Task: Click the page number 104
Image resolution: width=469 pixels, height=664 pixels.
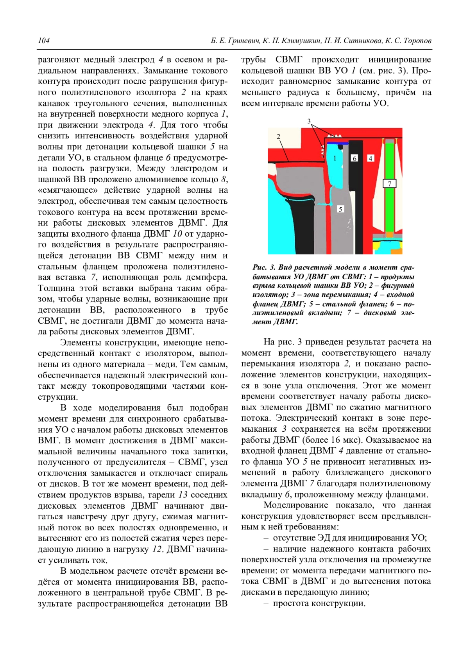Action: click(44, 41)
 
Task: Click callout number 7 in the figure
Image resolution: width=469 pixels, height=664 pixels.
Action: click(389, 183)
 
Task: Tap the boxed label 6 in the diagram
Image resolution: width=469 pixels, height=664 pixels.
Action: click(354, 158)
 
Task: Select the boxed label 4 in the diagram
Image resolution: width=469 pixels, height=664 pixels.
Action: click(371, 158)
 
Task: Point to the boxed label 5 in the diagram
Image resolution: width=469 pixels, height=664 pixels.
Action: click(340, 209)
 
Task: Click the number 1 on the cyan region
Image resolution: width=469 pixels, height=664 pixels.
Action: click(335, 158)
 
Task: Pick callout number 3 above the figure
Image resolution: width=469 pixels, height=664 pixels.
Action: click(309, 121)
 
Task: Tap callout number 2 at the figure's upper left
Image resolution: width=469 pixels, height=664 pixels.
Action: click(278, 136)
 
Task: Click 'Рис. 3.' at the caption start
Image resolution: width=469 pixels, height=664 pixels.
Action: click(264, 267)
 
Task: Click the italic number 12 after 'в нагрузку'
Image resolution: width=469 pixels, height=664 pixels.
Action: click(157, 549)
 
